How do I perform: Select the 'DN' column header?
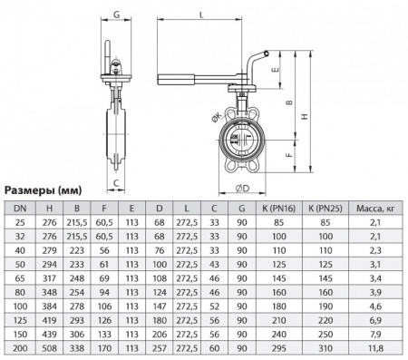[x=19, y=209]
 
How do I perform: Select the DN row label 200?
[x=19, y=346]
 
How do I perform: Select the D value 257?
[x=160, y=346]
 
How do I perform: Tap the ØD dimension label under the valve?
[x=242, y=188]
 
